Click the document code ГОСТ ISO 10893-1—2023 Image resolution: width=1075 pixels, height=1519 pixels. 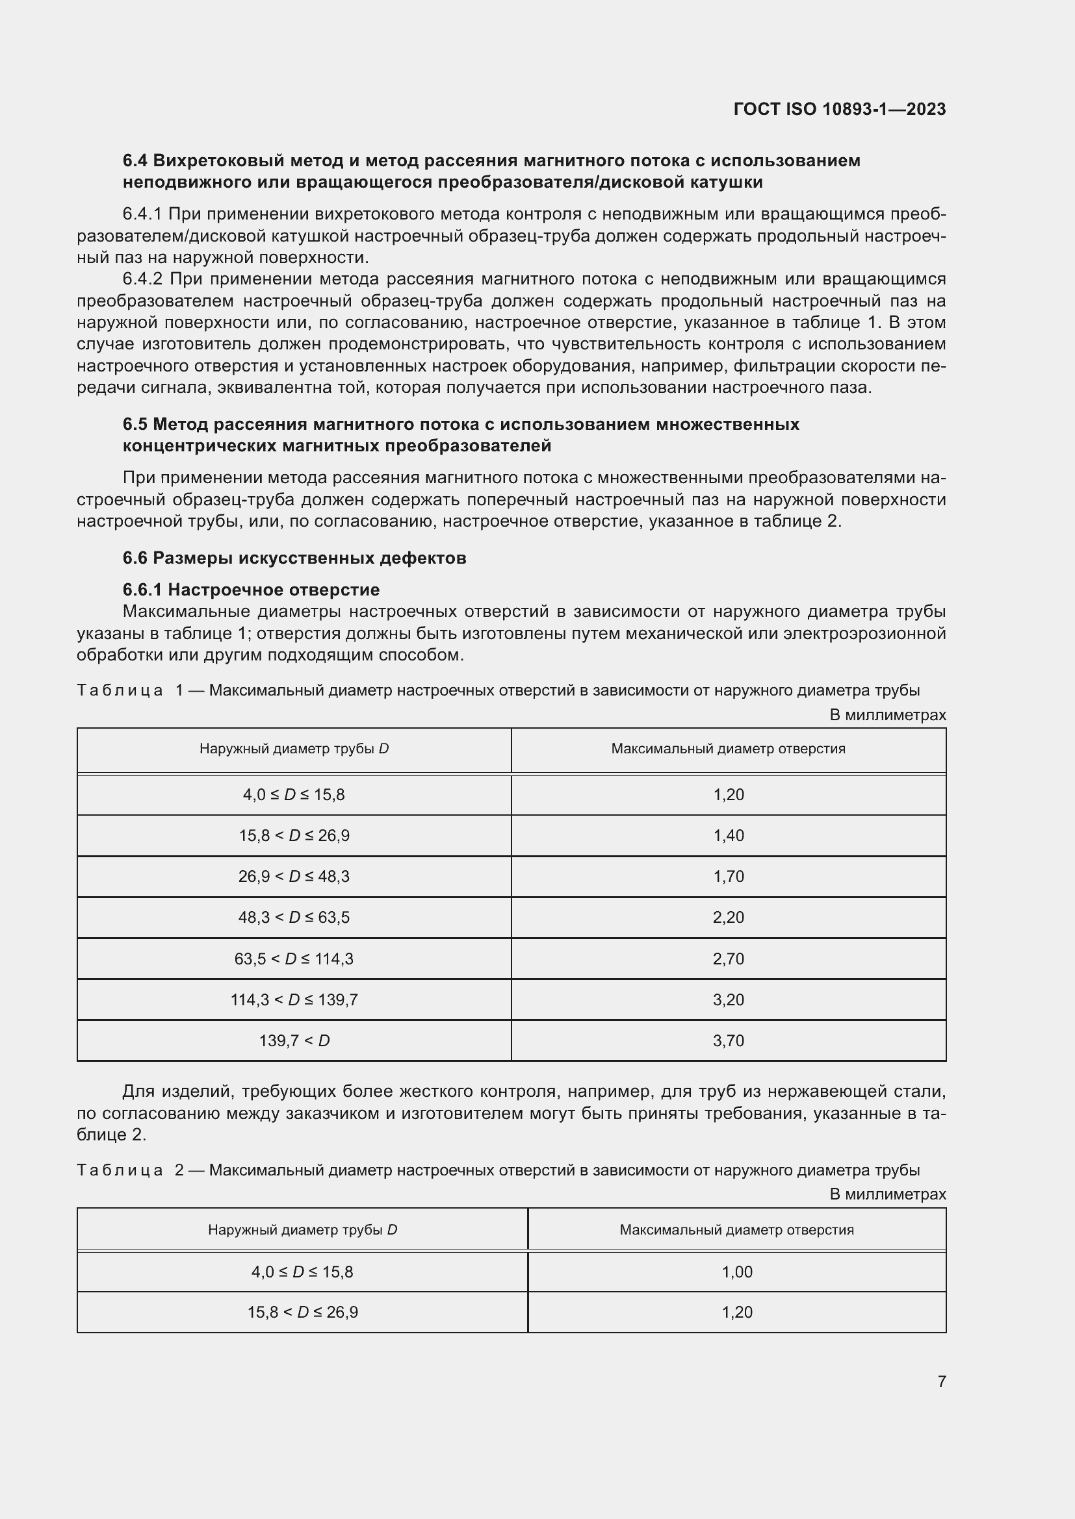(839, 109)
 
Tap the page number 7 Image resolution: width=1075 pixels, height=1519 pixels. (941, 1381)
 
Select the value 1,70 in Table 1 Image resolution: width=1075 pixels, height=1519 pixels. (728, 877)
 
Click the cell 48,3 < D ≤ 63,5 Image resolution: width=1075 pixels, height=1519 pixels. (294, 918)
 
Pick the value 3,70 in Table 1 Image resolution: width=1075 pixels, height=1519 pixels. (728, 1040)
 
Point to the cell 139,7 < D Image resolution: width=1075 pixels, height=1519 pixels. (294, 1040)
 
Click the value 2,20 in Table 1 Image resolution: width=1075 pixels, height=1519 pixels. (728, 918)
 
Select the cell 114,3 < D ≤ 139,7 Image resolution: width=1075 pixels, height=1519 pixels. (294, 999)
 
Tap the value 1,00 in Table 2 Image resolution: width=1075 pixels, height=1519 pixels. (737, 1272)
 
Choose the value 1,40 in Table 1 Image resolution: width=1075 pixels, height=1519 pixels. (728, 836)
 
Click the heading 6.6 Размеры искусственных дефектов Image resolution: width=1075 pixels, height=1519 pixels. (294, 558)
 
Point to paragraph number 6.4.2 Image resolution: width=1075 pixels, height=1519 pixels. (142, 279)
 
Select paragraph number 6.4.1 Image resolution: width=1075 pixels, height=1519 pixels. (142, 214)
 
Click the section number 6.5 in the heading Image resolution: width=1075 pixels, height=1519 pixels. (135, 424)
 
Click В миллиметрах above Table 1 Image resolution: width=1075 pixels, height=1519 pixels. (887, 715)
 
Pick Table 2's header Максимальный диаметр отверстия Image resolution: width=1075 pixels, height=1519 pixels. (736, 1230)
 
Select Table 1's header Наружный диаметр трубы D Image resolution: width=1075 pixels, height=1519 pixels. (294, 749)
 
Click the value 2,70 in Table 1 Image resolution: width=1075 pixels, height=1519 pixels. (728, 959)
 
